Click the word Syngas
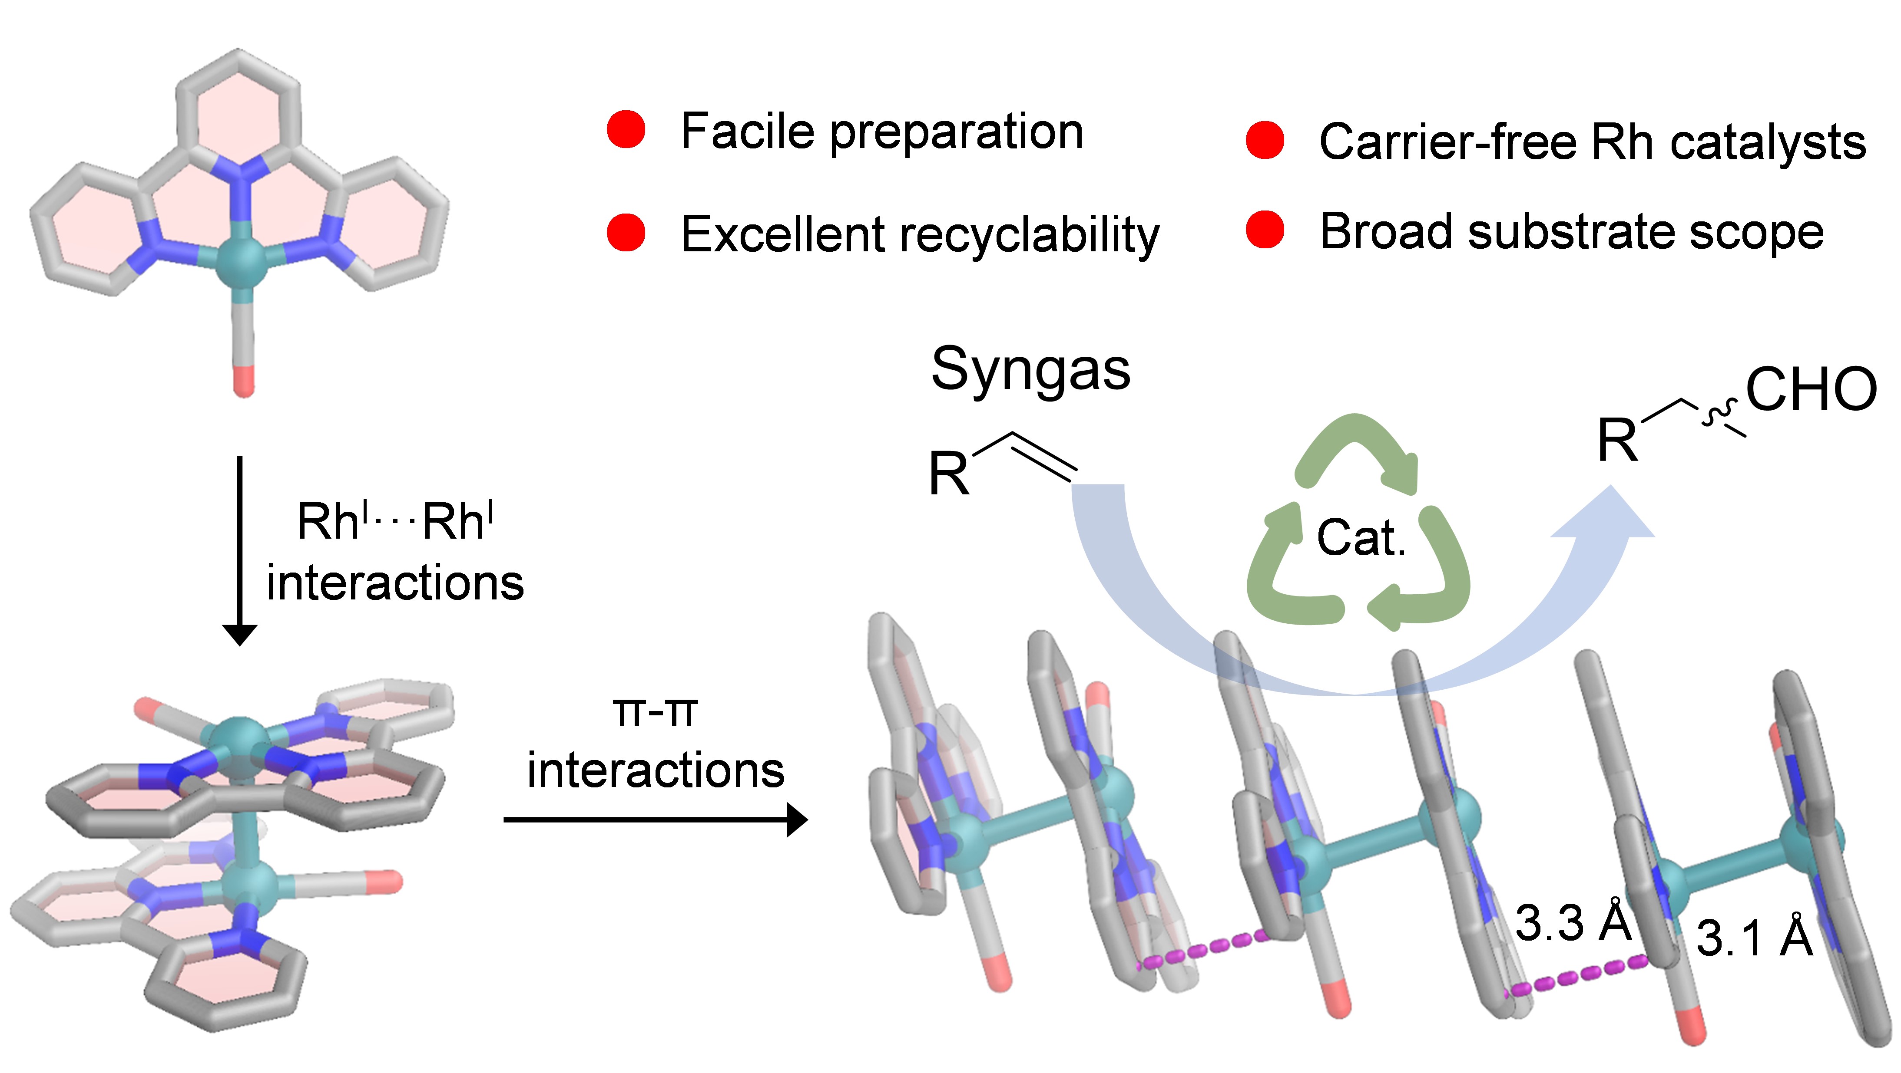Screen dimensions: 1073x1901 (1030, 370)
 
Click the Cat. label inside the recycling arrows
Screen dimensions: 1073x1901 (1361, 538)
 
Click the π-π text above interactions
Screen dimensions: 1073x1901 (655, 712)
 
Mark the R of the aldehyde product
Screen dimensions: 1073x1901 (1618, 440)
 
